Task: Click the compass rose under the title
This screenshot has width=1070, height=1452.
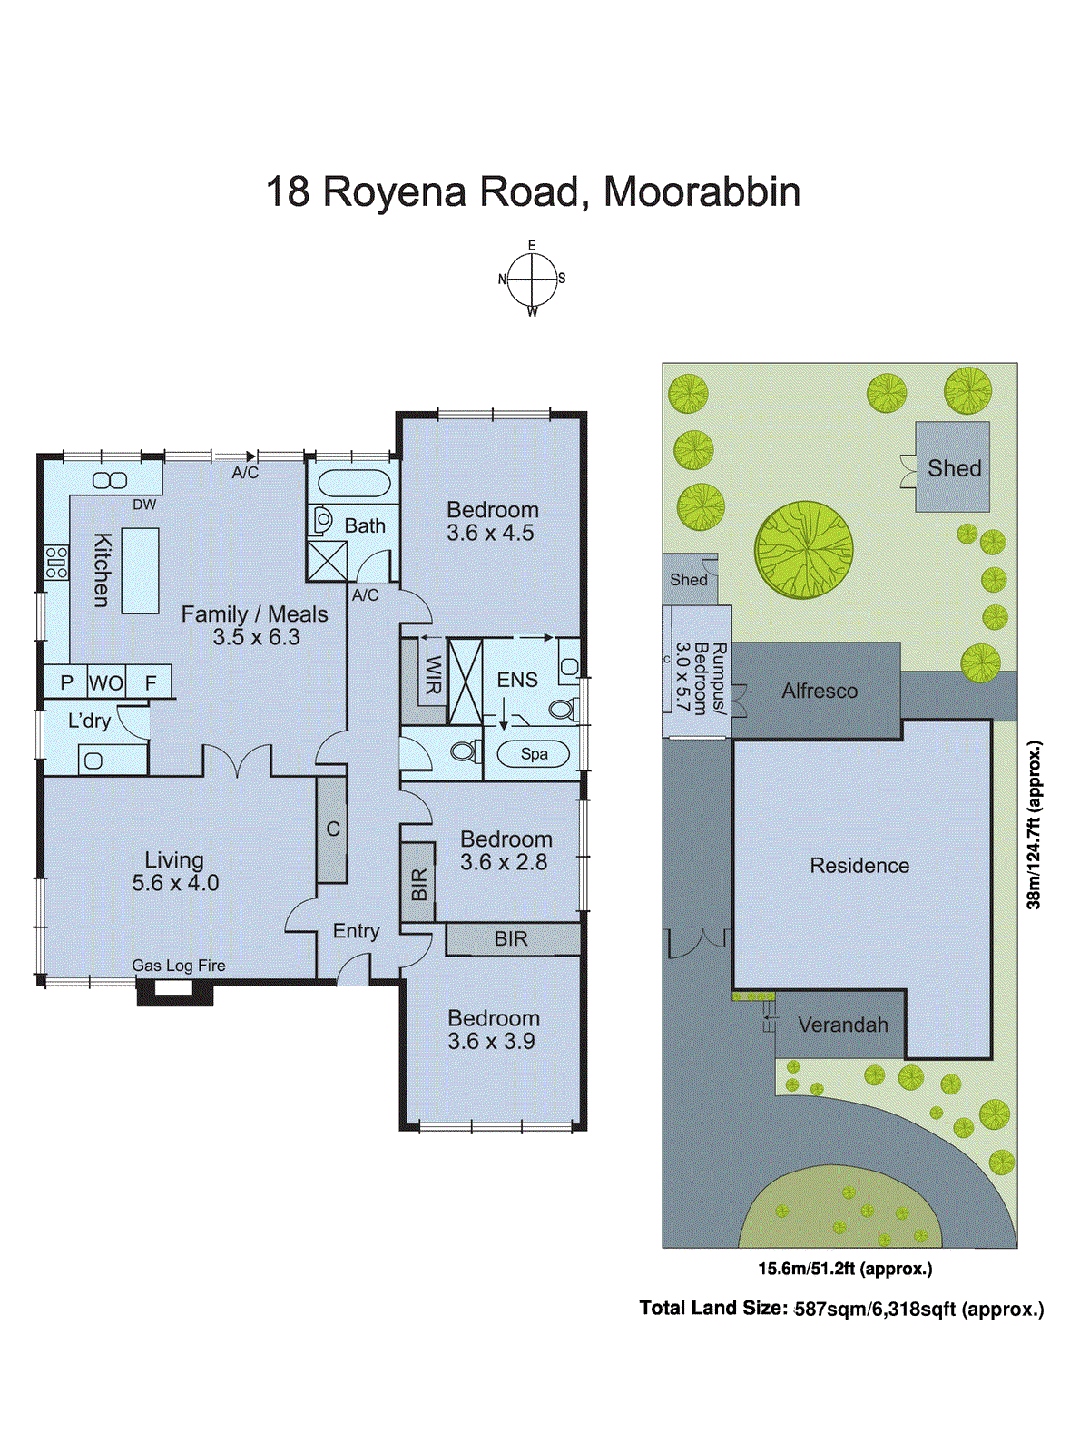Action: click(x=532, y=279)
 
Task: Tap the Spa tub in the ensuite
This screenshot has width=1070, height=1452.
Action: click(x=534, y=753)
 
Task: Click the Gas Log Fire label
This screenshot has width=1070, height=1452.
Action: click(x=179, y=966)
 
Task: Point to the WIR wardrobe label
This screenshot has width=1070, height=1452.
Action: click(x=433, y=674)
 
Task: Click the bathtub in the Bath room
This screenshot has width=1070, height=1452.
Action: click(x=353, y=483)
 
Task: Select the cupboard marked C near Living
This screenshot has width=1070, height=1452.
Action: click(x=332, y=829)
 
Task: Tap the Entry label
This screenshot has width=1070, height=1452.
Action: click(x=356, y=931)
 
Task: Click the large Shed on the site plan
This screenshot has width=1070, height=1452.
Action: click(x=953, y=467)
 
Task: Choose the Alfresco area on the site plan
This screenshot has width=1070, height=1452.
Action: click(x=818, y=691)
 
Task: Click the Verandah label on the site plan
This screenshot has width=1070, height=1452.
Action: click(x=842, y=1025)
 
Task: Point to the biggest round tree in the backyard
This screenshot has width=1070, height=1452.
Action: click(x=803, y=550)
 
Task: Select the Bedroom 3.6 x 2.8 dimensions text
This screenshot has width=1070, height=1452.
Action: click(x=504, y=863)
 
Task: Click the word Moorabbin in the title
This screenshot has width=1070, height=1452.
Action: click(x=702, y=192)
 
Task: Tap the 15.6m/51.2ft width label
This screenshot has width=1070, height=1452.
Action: click(x=845, y=1269)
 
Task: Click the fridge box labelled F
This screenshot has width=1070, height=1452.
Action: click(x=151, y=682)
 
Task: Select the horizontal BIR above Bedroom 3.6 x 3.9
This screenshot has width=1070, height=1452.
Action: click(x=512, y=939)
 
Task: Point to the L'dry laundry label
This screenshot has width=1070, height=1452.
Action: click(x=89, y=721)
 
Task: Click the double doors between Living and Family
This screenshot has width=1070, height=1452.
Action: click(x=237, y=761)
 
